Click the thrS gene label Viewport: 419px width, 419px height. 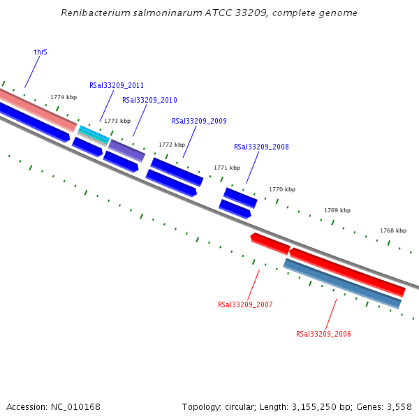pos(41,52)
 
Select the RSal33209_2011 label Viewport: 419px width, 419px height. pos(117,86)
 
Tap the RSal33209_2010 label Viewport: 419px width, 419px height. pos(149,101)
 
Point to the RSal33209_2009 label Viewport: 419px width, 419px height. pos(199,122)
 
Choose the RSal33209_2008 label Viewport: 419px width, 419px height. pos(261,147)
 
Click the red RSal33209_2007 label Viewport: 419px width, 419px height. pos(245,305)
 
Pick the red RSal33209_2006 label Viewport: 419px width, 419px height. pos(323,335)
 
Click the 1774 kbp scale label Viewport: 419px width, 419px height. pos(64,98)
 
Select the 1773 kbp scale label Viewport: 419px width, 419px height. pos(117,122)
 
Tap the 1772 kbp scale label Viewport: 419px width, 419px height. pos(172,145)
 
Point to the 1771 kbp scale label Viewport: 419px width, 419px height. pos(227,168)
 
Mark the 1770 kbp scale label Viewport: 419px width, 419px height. pos(282,190)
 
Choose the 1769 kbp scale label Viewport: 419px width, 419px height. pos(337,211)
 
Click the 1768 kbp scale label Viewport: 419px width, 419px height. pos(393,231)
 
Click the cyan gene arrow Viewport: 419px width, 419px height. pos(93,133)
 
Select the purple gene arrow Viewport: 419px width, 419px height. pos(126,150)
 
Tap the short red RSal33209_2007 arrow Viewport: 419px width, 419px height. pos(270,243)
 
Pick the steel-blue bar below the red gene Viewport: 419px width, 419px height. pos(342,284)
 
